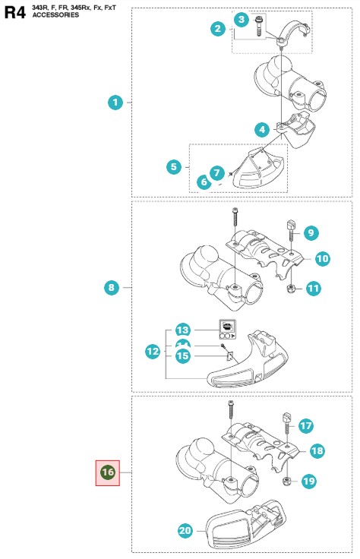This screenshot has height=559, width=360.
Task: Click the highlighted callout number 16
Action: (x=108, y=472)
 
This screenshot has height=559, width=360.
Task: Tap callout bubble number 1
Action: (x=115, y=103)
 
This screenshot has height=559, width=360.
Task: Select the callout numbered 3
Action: (x=242, y=19)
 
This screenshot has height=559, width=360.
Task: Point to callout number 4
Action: (x=262, y=129)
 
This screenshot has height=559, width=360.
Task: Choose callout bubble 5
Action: (x=174, y=166)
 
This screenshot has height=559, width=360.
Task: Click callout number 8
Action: (x=112, y=287)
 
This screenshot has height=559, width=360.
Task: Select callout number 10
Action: (x=323, y=258)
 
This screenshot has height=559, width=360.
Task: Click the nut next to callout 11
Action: (x=291, y=289)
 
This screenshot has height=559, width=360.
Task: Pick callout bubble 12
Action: (x=153, y=352)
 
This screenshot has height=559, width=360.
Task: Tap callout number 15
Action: (x=182, y=355)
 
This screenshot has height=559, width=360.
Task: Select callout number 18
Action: (x=317, y=450)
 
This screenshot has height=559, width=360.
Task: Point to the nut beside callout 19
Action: (x=286, y=482)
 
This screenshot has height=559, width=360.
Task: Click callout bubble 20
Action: (x=185, y=530)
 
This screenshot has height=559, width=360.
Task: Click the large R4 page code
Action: (x=15, y=12)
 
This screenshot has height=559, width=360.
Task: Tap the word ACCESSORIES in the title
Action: (x=55, y=15)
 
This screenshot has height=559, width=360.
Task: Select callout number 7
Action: (x=217, y=173)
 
